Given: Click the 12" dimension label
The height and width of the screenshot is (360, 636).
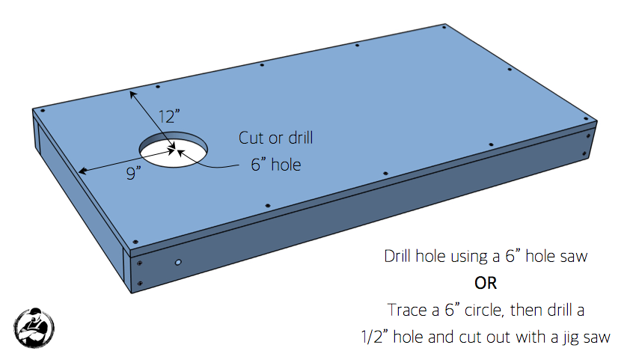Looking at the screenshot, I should coord(169,117).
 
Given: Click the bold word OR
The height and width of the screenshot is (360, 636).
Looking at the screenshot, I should coord(486,283).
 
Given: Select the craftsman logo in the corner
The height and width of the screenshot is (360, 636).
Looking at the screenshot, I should coord(34,326).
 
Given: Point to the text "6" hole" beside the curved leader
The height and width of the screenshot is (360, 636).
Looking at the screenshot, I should coord(275,164).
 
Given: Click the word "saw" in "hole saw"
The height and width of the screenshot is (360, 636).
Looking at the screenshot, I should coord(575,257).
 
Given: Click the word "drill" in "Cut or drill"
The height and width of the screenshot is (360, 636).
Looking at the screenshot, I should coord(299,138).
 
